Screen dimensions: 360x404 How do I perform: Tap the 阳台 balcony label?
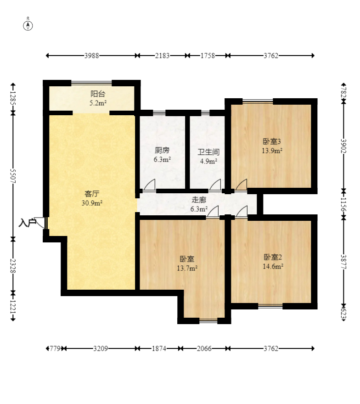(x=98, y=94)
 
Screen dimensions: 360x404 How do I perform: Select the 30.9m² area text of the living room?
(x=92, y=203)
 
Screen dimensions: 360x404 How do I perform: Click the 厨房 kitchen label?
(x=162, y=150)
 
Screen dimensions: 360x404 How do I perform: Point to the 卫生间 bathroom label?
(x=208, y=152)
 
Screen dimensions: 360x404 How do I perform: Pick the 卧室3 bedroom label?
(x=272, y=141)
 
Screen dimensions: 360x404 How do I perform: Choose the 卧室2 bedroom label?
(x=273, y=257)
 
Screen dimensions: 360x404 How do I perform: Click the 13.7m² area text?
(x=187, y=268)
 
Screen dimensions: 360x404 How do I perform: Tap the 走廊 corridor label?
(x=199, y=200)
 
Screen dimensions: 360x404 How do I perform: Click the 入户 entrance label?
(x=27, y=223)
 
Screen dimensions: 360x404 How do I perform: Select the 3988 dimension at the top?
(x=92, y=56)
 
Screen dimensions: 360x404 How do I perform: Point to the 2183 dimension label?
(x=163, y=56)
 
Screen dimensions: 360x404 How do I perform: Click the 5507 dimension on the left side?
(x=13, y=176)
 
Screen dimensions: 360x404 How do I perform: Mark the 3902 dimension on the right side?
(x=343, y=146)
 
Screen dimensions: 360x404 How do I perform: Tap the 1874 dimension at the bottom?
(x=159, y=348)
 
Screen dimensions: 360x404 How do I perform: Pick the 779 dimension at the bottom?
(x=55, y=348)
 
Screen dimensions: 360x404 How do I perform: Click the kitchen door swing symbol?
(x=149, y=185)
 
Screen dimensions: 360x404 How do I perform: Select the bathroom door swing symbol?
(x=215, y=185)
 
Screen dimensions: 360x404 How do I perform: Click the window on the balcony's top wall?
(x=91, y=83)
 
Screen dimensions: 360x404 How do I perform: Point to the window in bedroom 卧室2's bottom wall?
(x=270, y=306)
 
